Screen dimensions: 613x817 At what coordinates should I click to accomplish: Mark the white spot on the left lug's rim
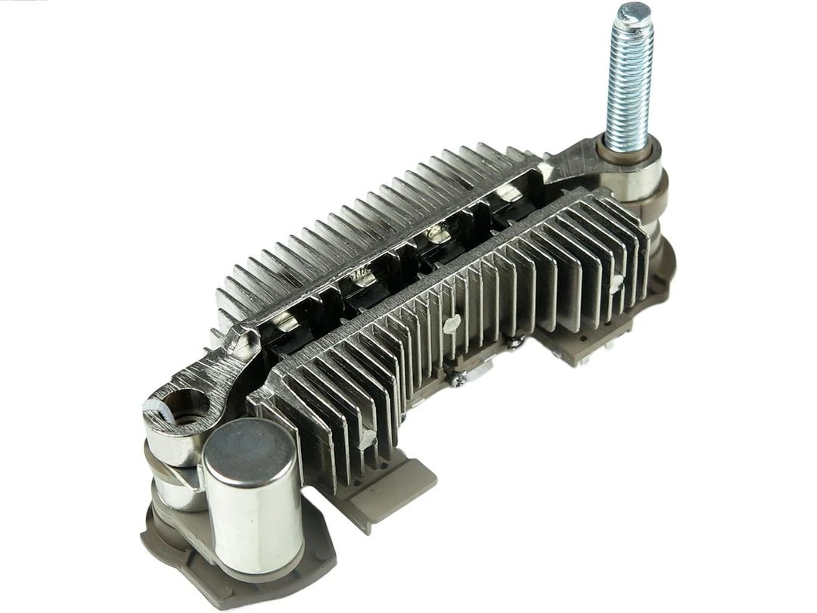tap(151, 408)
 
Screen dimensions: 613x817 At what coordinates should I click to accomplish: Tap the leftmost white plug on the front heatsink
tap(368, 437)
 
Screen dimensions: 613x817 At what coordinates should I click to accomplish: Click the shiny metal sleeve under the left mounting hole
tap(171, 447)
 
